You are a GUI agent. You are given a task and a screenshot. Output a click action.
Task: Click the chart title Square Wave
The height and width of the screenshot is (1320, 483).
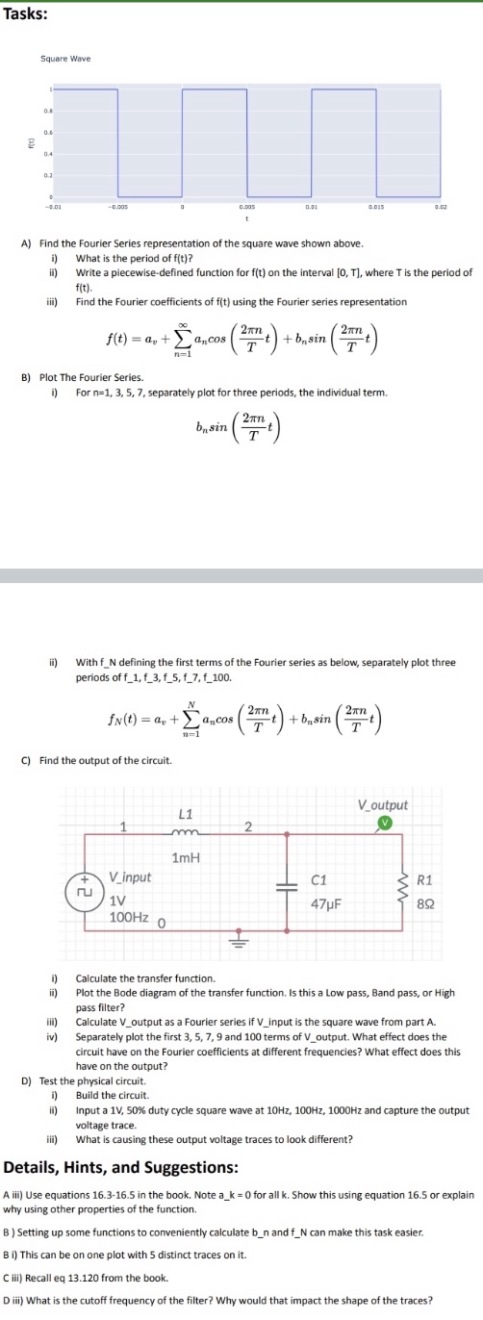[65, 59]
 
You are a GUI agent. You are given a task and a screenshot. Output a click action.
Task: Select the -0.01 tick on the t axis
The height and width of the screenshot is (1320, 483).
[54, 205]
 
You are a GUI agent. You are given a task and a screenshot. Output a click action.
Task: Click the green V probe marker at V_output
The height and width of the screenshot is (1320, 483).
[384, 823]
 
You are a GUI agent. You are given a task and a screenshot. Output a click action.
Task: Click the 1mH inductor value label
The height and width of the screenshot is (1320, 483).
[186, 856]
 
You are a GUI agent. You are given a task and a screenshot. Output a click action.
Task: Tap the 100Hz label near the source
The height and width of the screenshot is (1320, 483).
[128, 917]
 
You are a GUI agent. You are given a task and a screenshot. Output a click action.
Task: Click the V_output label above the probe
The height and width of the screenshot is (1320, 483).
[382, 804]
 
